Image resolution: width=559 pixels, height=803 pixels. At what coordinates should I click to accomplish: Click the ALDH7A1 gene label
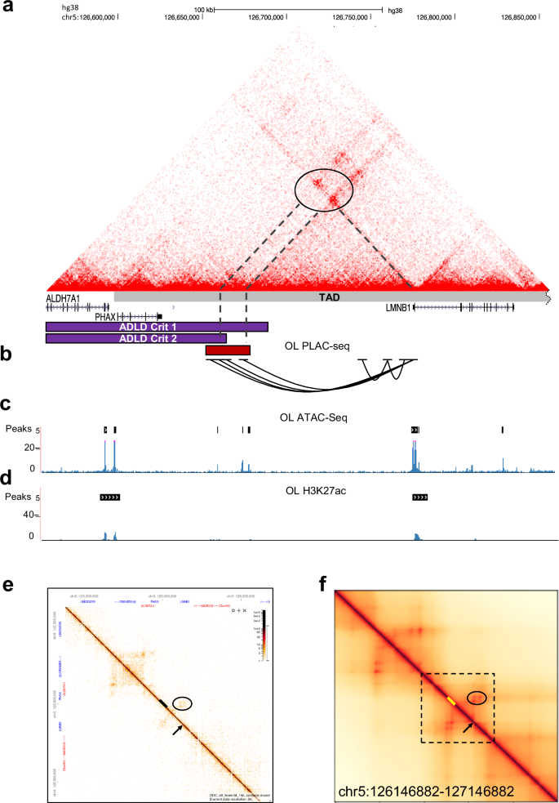[x=63, y=299]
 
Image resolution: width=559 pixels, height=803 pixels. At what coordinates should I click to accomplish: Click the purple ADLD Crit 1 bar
[x=157, y=327]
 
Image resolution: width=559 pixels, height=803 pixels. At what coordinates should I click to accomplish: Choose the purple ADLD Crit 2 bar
[x=135, y=338]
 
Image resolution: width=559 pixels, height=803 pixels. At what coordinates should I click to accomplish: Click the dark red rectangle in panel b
[x=228, y=350]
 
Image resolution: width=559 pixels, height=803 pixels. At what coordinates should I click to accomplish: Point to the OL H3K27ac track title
[x=314, y=487]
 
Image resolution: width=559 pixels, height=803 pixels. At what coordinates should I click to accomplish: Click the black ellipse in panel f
[x=477, y=698]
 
